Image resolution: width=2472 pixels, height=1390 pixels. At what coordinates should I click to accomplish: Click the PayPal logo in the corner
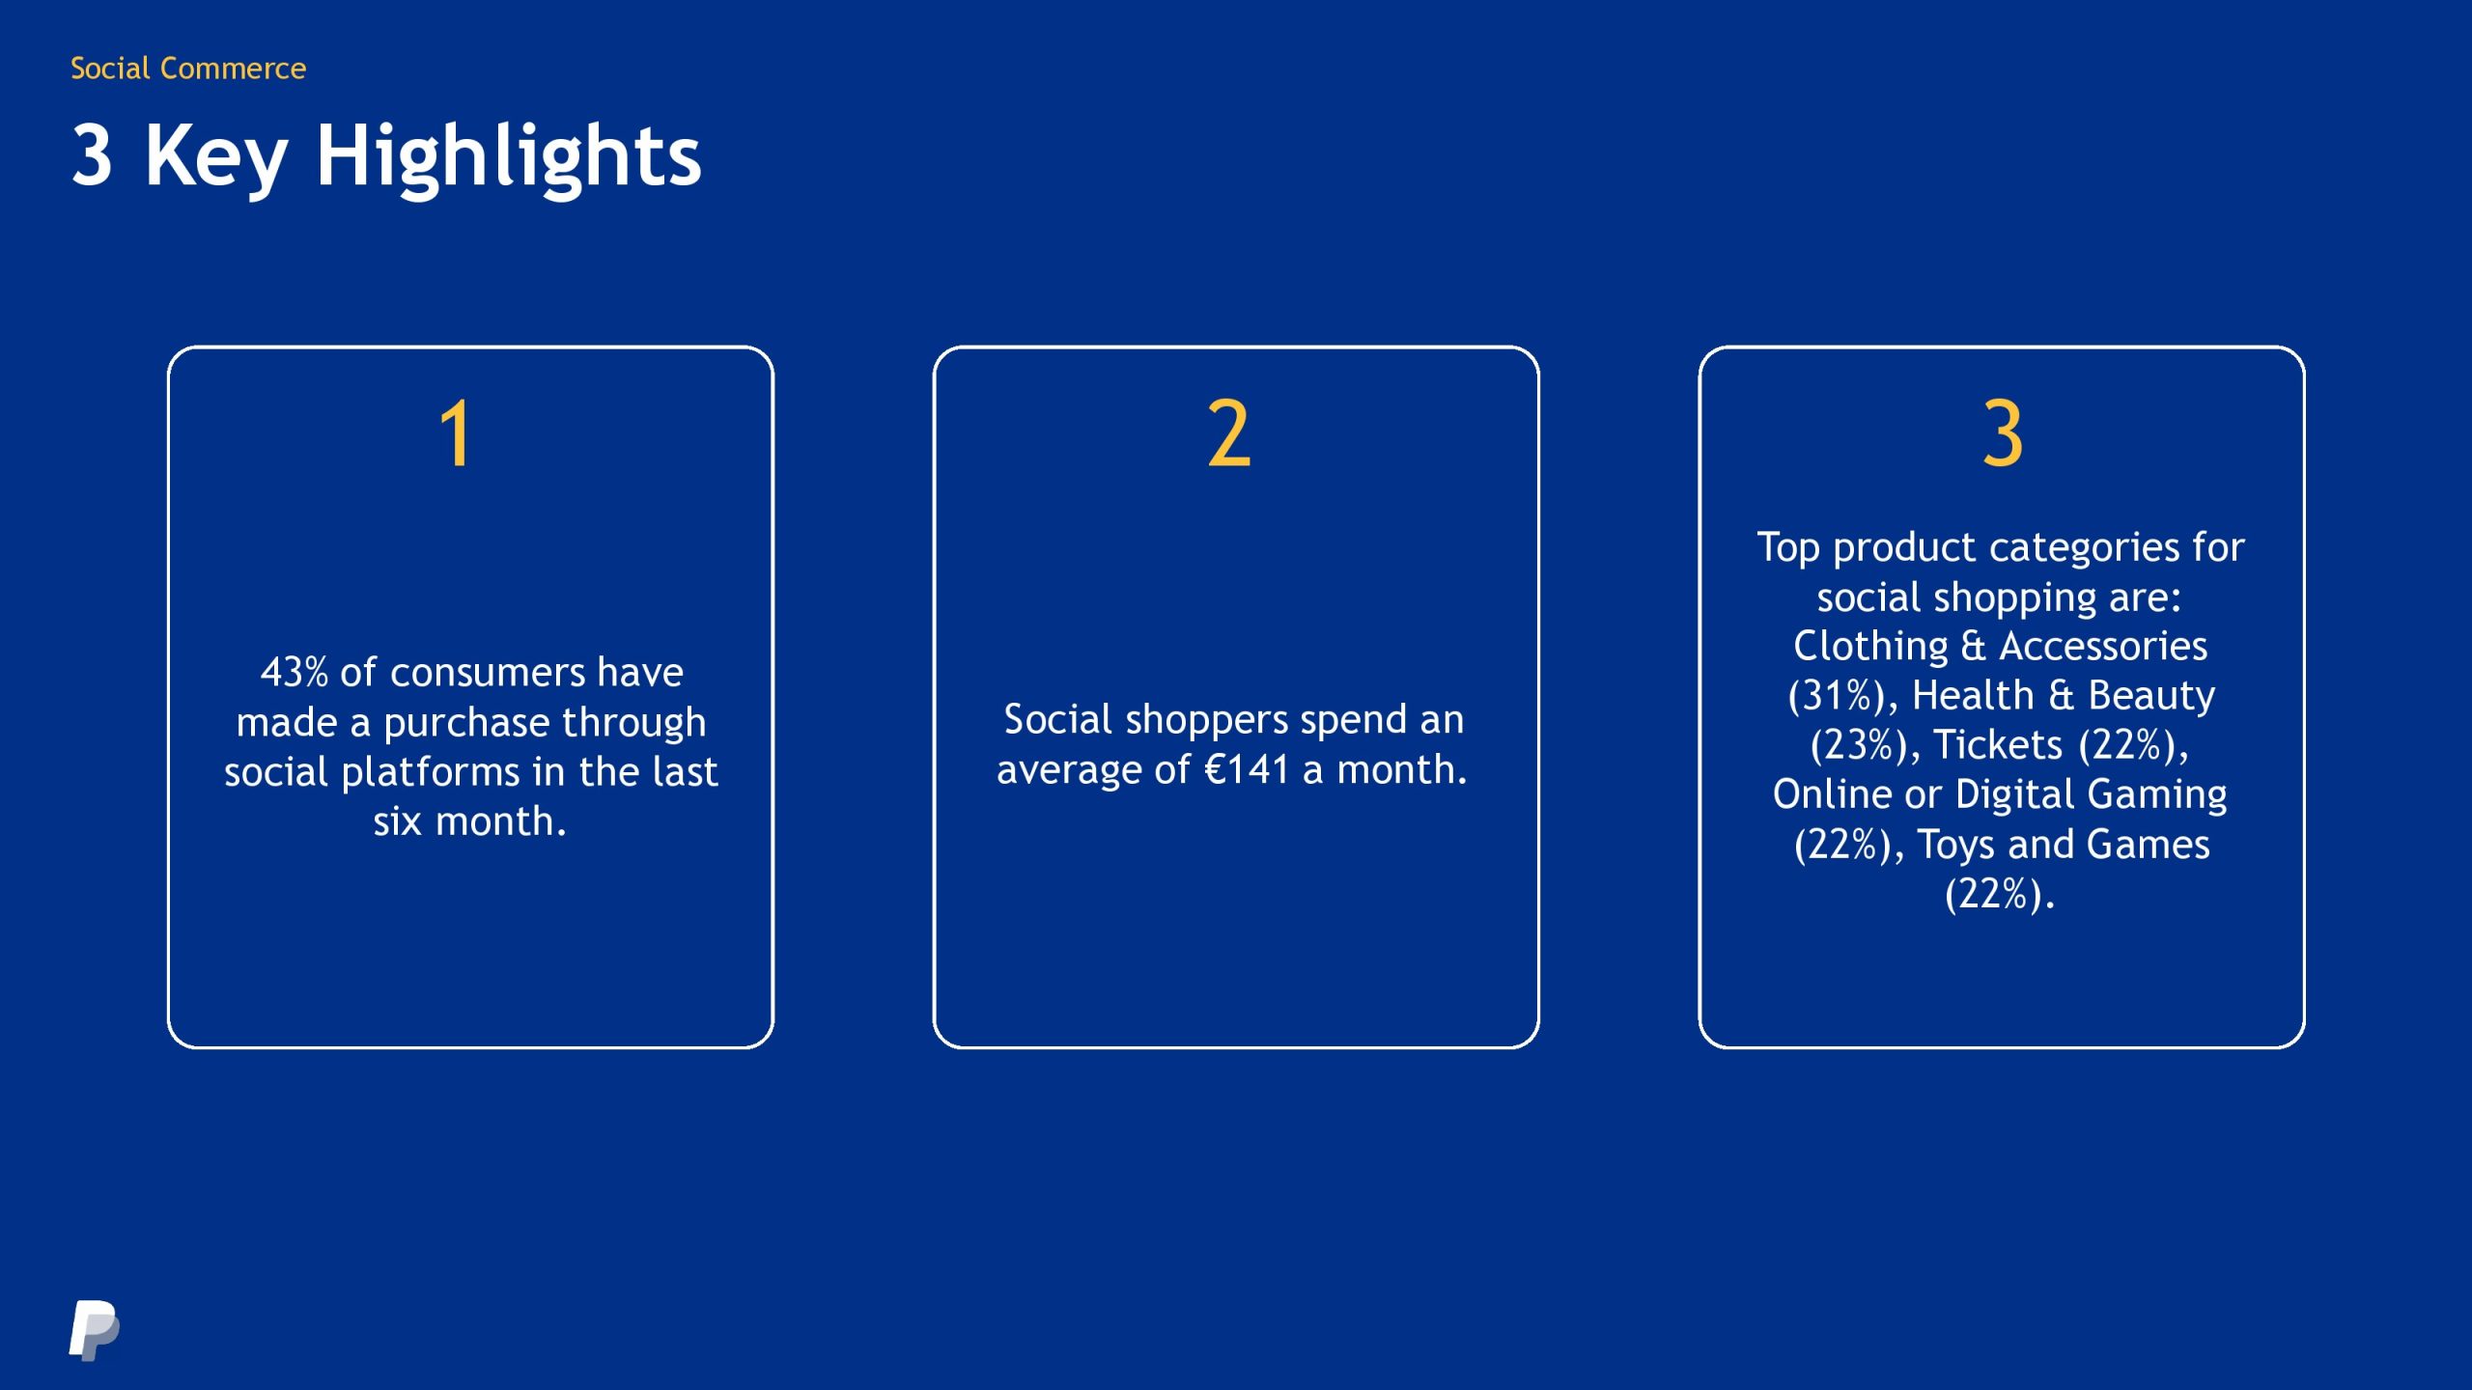point(95,1330)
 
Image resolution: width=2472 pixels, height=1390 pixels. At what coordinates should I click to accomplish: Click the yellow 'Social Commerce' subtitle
point(188,68)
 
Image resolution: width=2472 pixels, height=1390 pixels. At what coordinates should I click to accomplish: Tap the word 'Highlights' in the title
point(509,158)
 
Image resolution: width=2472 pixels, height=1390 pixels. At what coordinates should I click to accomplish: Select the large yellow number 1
point(455,434)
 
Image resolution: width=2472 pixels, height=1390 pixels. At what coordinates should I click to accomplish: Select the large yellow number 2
point(1229,434)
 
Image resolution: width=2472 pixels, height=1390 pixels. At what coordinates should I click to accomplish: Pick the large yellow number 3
point(2003,434)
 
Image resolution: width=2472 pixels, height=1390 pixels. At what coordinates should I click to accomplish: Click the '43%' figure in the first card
point(295,672)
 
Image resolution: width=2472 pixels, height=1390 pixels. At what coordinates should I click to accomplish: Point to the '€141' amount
point(1247,769)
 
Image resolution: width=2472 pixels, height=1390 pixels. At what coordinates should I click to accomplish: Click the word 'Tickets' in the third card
point(1998,744)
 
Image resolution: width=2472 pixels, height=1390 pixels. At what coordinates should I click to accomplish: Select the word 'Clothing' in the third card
point(1871,647)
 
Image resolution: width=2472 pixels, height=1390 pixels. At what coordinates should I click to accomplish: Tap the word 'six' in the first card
point(398,821)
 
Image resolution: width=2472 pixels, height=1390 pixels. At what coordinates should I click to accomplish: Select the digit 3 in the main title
point(92,154)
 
